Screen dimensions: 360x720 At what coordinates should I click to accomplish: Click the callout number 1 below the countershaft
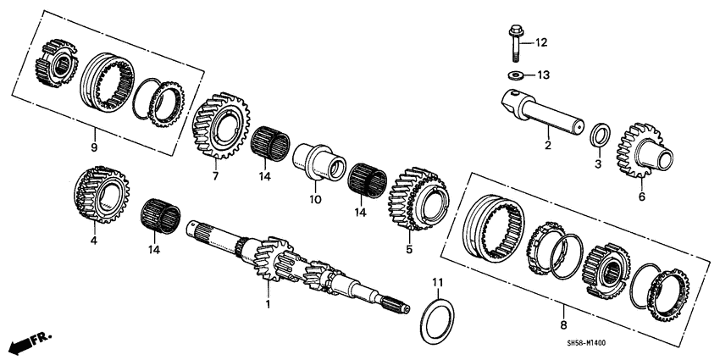tap(269, 303)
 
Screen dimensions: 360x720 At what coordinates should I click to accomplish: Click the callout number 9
tap(94, 147)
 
